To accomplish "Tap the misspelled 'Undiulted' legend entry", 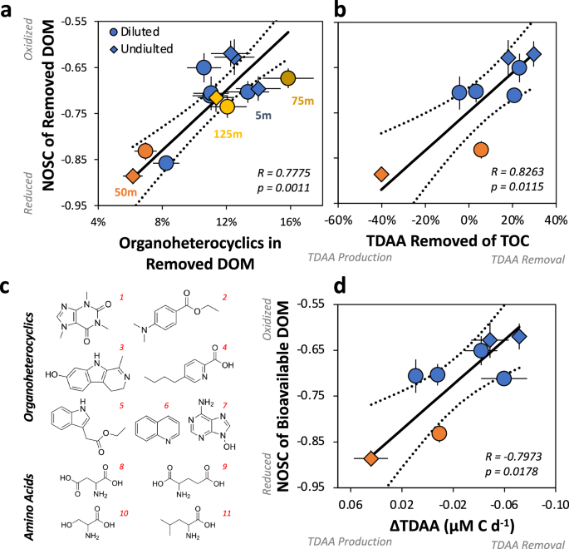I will [x=146, y=48].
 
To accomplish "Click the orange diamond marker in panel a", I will [x=133, y=176].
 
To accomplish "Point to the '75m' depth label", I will [x=303, y=101].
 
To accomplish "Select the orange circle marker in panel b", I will [x=480, y=150].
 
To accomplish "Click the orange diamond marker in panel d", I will [x=371, y=458].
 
